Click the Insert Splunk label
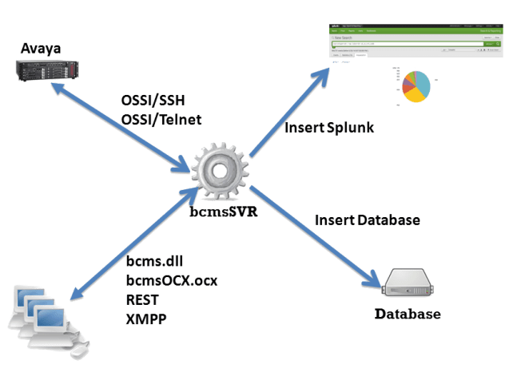point(329,128)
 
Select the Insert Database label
point(367,220)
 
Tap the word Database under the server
point(408,314)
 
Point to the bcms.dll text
point(156,263)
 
